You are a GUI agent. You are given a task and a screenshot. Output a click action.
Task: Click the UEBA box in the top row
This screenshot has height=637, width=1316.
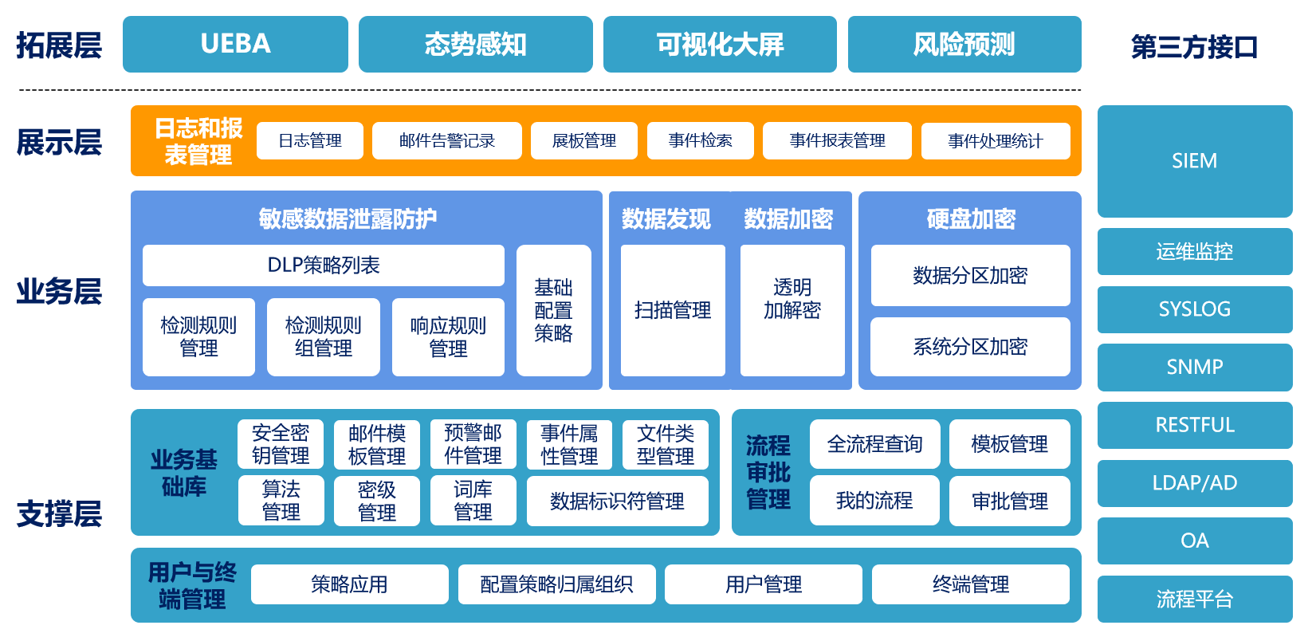tap(235, 44)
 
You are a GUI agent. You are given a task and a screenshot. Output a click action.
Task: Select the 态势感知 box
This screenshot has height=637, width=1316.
tap(475, 44)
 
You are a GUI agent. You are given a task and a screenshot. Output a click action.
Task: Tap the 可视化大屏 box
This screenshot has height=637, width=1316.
tap(720, 44)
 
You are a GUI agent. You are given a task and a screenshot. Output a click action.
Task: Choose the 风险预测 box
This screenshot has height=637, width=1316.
tap(964, 44)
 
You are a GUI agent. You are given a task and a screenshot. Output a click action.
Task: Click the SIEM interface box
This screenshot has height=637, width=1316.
tap(1194, 161)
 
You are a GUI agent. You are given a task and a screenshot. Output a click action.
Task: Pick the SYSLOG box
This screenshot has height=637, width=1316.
tap(1194, 309)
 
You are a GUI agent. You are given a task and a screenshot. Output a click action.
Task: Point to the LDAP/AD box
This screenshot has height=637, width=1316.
tap(1194, 483)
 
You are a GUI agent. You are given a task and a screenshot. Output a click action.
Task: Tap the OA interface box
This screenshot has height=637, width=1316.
tap(1194, 541)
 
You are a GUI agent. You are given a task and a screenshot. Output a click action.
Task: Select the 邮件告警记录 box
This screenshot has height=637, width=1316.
tap(446, 141)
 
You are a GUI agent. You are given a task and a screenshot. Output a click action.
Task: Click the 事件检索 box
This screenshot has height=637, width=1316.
tap(700, 141)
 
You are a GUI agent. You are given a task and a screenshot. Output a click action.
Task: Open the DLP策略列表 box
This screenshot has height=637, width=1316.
tap(323, 265)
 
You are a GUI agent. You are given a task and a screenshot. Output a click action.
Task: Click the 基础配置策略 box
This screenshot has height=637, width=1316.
tap(553, 310)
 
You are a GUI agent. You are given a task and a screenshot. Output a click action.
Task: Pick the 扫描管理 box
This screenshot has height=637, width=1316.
tap(672, 310)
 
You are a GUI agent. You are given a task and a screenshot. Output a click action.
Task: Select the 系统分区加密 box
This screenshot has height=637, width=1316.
tap(969, 347)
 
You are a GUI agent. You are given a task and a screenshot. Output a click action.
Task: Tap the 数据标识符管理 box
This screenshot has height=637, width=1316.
tap(617, 501)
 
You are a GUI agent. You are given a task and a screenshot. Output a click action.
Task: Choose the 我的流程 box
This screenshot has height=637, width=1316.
tap(874, 501)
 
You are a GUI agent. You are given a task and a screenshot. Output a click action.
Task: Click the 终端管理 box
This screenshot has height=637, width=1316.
tap(970, 584)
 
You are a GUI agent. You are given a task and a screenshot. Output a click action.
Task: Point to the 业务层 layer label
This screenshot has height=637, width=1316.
tap(59, 292)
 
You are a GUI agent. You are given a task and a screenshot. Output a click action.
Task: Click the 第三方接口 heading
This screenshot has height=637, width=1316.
tap(1194, 47)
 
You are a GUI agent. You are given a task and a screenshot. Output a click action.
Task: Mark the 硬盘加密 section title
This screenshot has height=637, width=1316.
tap(970, 218)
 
